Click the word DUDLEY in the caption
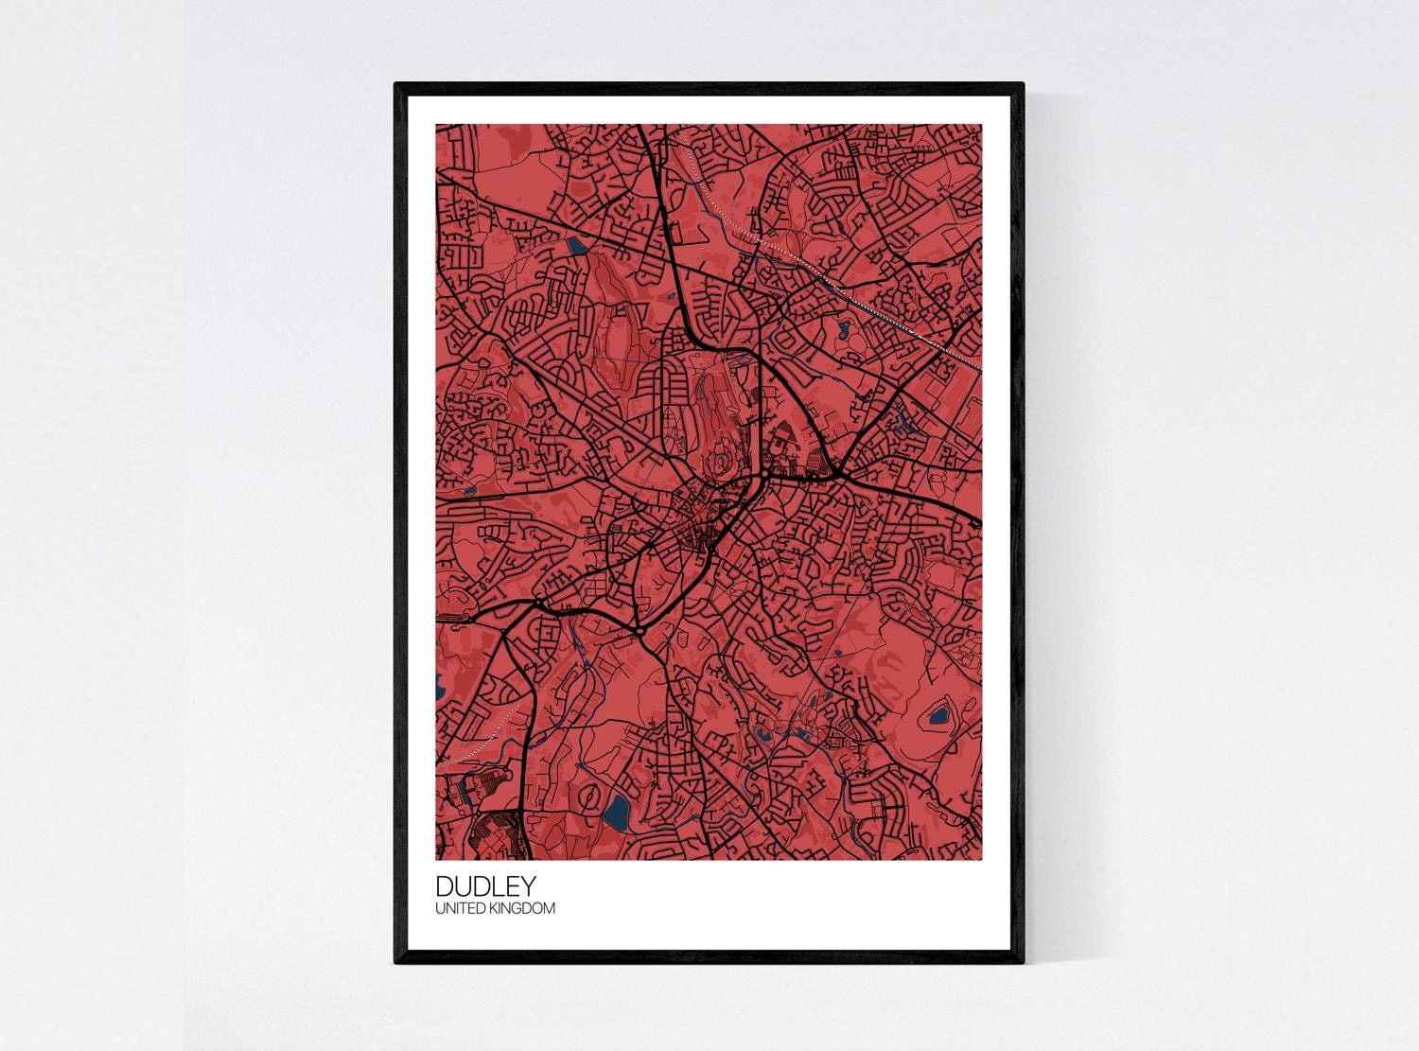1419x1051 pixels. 485,886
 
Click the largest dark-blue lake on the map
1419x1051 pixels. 617,810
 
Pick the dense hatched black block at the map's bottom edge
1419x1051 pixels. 497,837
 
